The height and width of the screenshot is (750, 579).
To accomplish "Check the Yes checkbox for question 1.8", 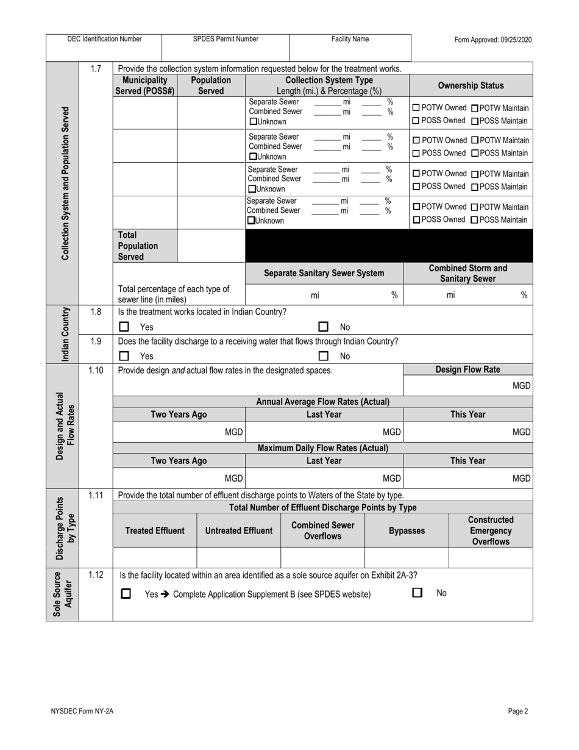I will pos(124,327).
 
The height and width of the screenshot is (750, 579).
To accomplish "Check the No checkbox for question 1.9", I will pos(324,356).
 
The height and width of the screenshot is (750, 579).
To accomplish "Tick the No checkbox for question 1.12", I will pos(417,593).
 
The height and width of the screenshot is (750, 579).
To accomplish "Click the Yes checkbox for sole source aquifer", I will pos(126,593).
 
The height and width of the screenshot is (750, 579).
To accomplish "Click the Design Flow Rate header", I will pos(467,370).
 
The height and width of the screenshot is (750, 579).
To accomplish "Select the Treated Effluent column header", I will pos(155,531).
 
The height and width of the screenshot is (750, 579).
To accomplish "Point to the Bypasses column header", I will pos(407,531).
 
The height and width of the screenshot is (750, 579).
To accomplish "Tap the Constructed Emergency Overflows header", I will pos(491,530).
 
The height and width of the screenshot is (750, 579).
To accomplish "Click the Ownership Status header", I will pos(471,85).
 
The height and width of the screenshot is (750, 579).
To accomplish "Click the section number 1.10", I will pos(96,370).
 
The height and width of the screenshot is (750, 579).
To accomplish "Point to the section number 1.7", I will pos(96,68).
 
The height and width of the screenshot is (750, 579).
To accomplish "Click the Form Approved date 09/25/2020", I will pos(492,40).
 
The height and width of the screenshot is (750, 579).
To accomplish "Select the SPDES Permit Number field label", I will pos(226,39).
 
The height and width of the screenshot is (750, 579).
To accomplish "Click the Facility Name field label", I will pos(350,39).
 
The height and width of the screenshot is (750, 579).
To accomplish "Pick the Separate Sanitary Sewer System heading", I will pos(324,273).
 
